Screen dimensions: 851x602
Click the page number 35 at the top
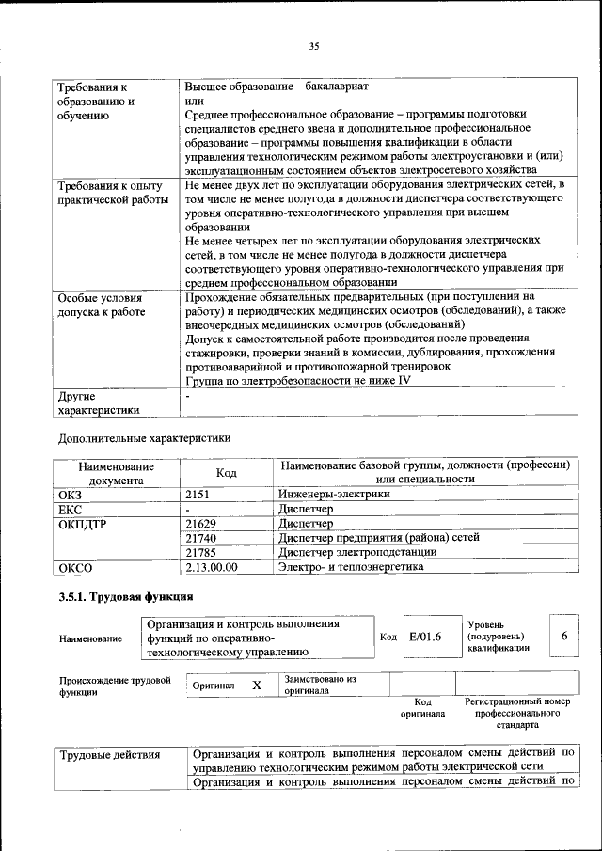click(x=314, y=45)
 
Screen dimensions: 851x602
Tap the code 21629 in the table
click(x=201, y=523)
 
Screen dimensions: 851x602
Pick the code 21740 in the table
click(x=201, y=537)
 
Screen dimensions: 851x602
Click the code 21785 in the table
click(x=201, y=552)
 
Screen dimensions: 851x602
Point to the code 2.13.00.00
click(x=212, y=567)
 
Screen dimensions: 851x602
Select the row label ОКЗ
click(x=71, y=493)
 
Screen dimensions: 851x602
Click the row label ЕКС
click(x=71, y=508)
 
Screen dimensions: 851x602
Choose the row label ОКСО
click(x=75, y=567)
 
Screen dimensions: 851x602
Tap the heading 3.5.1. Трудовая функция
click(x=126, y=597)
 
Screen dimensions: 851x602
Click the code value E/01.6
click(x=425, y=637)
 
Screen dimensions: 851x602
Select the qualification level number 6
click(x=564, y=636)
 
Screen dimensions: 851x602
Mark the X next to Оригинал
click(x=256, y=686)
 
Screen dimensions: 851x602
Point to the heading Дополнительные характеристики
click(x=144, y=437)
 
